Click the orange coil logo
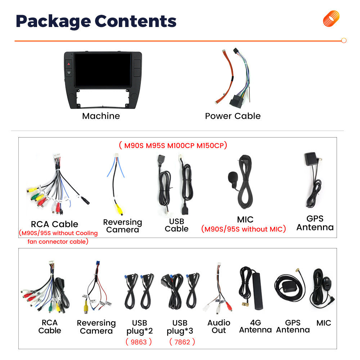pyautogui.click(x=331, y=18)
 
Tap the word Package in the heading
pyautogui.click(x=53, y=22)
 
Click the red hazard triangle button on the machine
pyautogui.click(x=69, y=64)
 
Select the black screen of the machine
pyautogui.click(x=103, y=70)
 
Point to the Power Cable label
pyautogui.click(x=233, y=116)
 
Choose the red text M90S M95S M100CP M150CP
pyautogui.click(x=173, y=145)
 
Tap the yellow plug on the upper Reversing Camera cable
pyautogui.click(x=119, y=209)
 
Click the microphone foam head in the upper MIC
pyautogui.click(x=232, y=177)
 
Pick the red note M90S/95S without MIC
pyautogui.click(x=243, y=229)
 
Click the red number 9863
pyautogui.click(x=139, y=342)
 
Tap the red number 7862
pyautogui.click(x=182, y=342)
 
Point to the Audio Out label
pyautogui.click(x=219, y=327)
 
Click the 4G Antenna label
pyautogui.click(x=255, y=326)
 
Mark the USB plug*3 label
pyautogui.click(x=180, y=327)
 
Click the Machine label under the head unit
pyautogui.click(x=101, y=116)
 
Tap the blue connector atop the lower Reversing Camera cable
pyautogui.click(x=98, y=263)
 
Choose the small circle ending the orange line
pyautogui.click(x=344, y=41)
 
